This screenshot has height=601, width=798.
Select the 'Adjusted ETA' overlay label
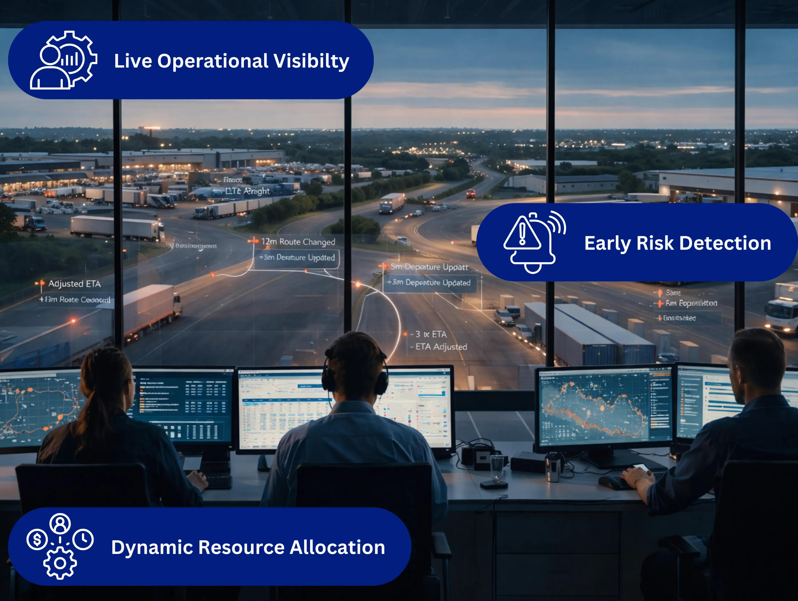click(x=74, y=284)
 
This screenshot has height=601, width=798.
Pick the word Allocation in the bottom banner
click(x=337, y=548)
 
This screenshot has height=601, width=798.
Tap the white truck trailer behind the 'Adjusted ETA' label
click(x=148, y=307)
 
